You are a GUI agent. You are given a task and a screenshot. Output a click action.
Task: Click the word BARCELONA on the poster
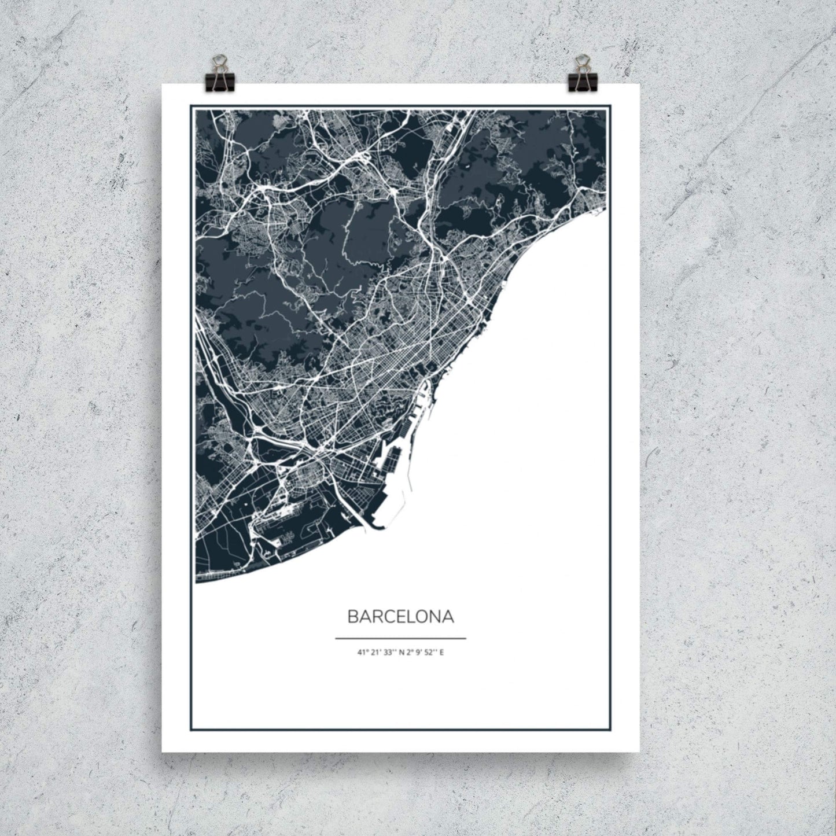point(400,617)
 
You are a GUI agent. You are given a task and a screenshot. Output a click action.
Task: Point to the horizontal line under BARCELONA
point(400,639)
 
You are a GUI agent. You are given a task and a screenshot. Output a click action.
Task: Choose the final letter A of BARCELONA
point(448,617)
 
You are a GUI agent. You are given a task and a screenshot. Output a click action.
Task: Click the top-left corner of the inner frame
point(191,106)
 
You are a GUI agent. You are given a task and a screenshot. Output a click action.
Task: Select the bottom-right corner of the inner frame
point(610,730)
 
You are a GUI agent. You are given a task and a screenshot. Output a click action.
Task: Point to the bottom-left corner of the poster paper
point(163,751)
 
